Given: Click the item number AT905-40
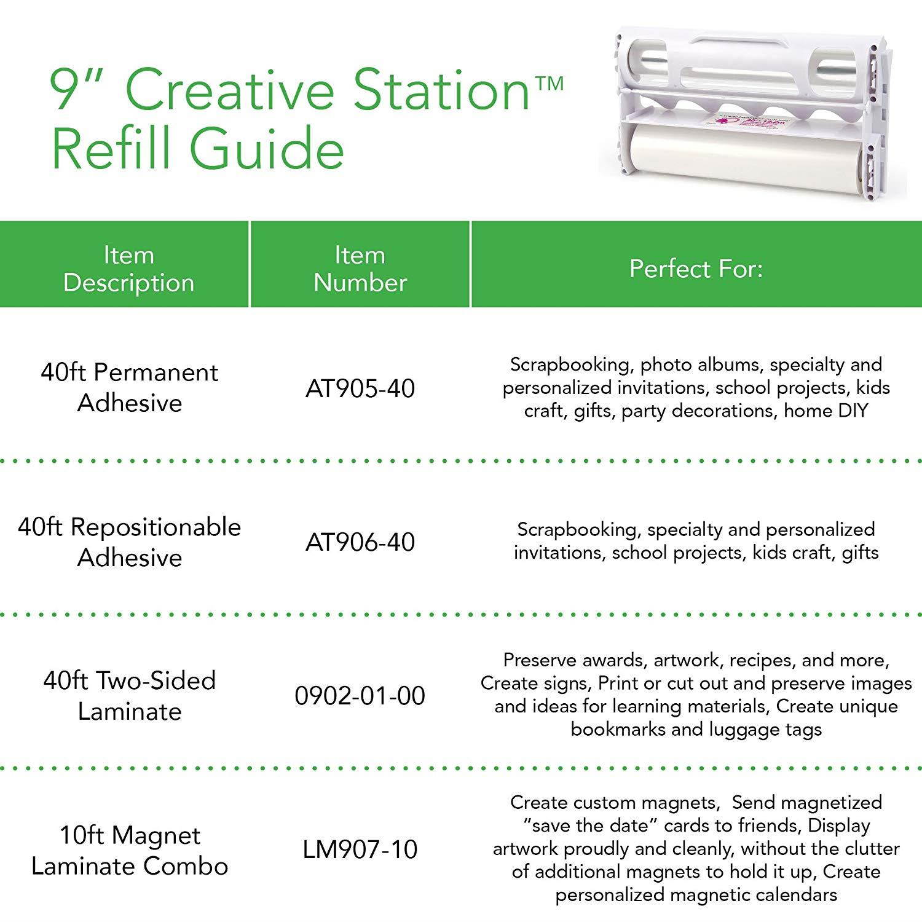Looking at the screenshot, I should point(360,388).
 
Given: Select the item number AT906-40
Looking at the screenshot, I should point(360,542).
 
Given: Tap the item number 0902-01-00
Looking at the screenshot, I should point(360,696).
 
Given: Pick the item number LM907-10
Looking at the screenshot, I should point(360,849).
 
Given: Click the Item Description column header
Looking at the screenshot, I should point(128,269).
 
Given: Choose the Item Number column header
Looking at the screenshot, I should point(360,269).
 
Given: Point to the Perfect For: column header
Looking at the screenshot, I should point(696,269).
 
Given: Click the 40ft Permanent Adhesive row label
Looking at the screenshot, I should point(130,388).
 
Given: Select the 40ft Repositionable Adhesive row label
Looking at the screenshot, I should point(130,542).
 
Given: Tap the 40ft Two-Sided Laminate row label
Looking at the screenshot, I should point(130,696).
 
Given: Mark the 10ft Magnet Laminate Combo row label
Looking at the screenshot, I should point(130,851).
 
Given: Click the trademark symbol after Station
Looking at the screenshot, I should point(551,83).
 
